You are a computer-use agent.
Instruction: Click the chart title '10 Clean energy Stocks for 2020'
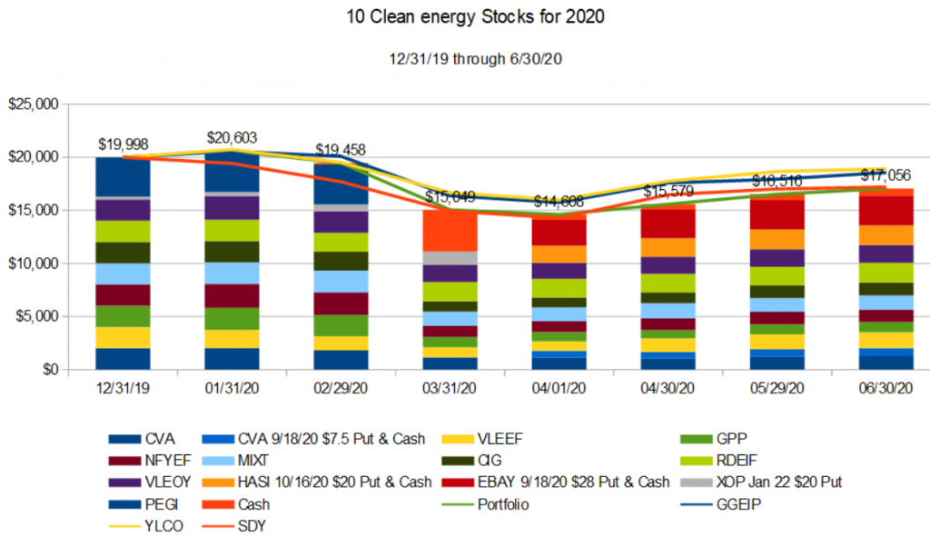tap(464, 16)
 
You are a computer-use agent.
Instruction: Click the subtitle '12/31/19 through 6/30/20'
tap(464, 55)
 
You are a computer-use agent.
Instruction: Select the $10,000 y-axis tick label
tap(33, 264)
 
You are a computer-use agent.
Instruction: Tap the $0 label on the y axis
tap(47, 370)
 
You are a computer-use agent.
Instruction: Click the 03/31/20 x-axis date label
tap(450, 388)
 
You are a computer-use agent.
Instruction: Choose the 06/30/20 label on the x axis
tap(885, 388)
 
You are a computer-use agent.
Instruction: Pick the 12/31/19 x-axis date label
tap(123, 388)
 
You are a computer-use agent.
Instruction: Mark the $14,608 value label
tap(559, 202)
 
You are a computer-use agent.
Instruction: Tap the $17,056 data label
tap(885, 174)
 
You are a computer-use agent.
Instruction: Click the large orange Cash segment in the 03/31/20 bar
tap(450, 231)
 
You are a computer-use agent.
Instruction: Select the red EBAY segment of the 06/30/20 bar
tap(885, 211)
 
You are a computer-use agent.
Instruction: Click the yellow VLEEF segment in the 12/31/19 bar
tap(123, 337)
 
